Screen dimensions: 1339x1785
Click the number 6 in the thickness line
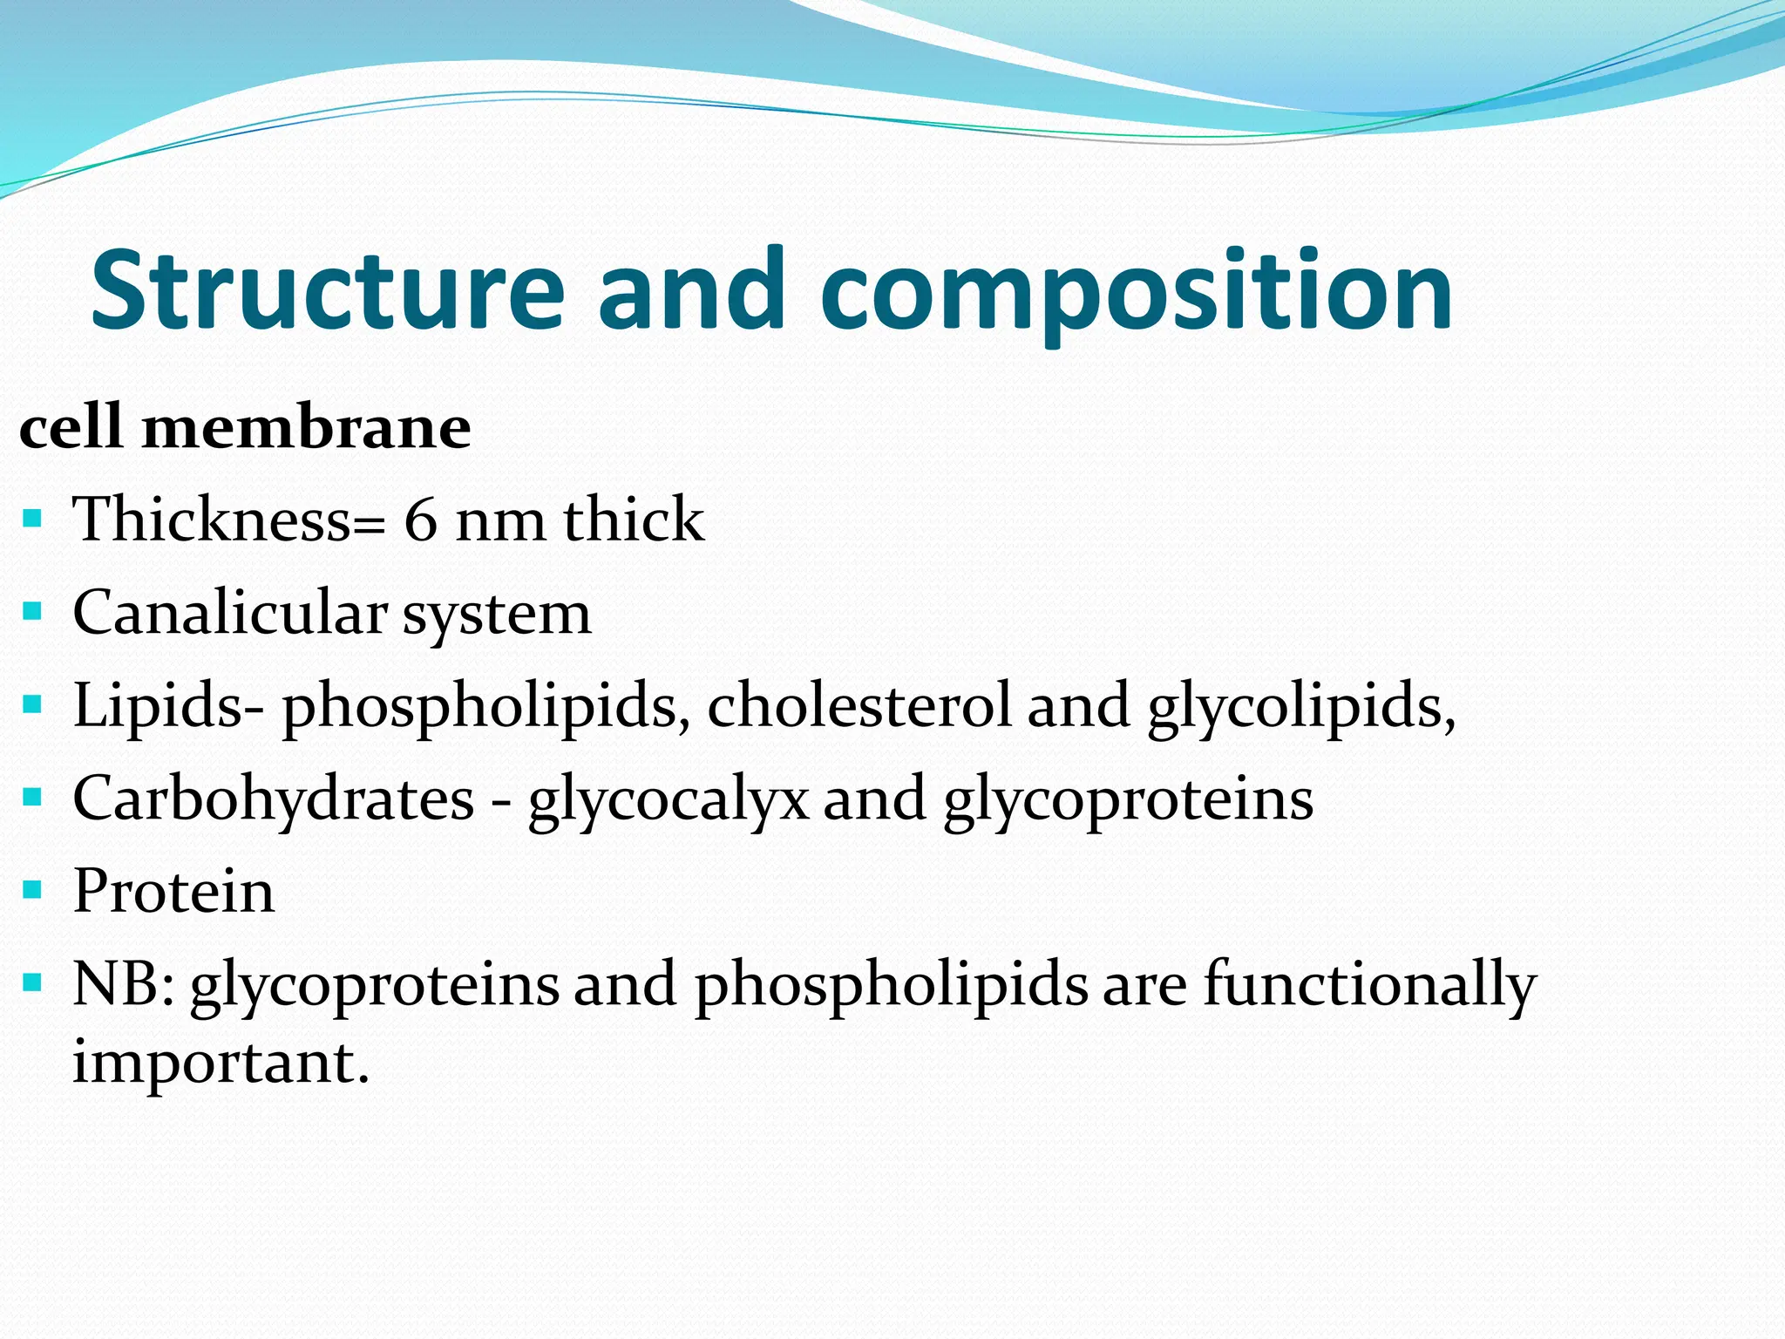click(x=421, y=520)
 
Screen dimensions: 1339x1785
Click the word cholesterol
click(x=859, y=705)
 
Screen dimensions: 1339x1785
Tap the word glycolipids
click(x=1300, y=708)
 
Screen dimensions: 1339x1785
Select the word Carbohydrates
click(x=274, y=799)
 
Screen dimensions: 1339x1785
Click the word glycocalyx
click(x=669, y=800)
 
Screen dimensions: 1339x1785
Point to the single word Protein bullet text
click(x=173, y=892)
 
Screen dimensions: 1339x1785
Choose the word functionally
click(x=1370, y=985)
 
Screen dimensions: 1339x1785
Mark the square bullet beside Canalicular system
click(x=32, y=612)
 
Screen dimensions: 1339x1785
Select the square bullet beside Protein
click(x=32, y=891)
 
